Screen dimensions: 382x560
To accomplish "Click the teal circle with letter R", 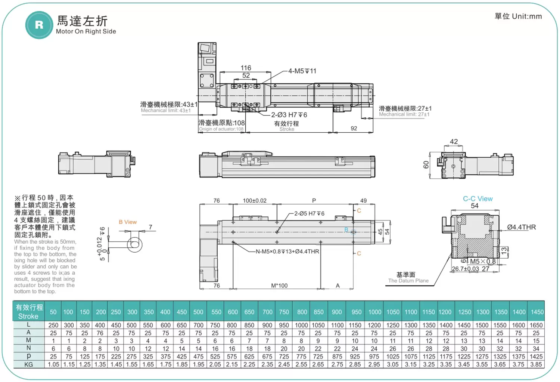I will point(39,25).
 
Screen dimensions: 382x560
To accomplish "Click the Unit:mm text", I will point(518,16).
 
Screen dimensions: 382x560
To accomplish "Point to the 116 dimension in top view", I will point(246,68).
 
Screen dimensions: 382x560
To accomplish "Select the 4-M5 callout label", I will point(302,71).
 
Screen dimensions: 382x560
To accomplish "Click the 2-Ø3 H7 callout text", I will point(289,115).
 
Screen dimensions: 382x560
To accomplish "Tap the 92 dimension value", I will point(354,128).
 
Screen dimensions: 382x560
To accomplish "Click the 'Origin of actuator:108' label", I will point(221,129).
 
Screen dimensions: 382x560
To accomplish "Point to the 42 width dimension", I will point(454,142).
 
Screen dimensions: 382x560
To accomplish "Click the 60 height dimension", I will point(426,164).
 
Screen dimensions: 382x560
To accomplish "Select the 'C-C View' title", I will point(477,199).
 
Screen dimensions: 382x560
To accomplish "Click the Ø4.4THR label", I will point(521,227).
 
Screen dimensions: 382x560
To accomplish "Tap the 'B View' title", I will point(128,222).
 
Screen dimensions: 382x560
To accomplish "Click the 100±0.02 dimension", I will point(255,201).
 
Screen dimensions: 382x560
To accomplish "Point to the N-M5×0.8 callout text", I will point(287,252).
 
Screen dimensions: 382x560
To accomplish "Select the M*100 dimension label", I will point(279,286).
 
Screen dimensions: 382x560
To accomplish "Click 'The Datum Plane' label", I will point(408,281).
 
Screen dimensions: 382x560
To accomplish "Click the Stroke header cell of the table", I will point(29,312).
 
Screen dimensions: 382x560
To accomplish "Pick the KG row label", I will point(28,364).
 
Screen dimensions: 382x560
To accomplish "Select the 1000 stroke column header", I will point(374,312).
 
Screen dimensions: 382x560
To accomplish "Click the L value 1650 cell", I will point(536,325).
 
